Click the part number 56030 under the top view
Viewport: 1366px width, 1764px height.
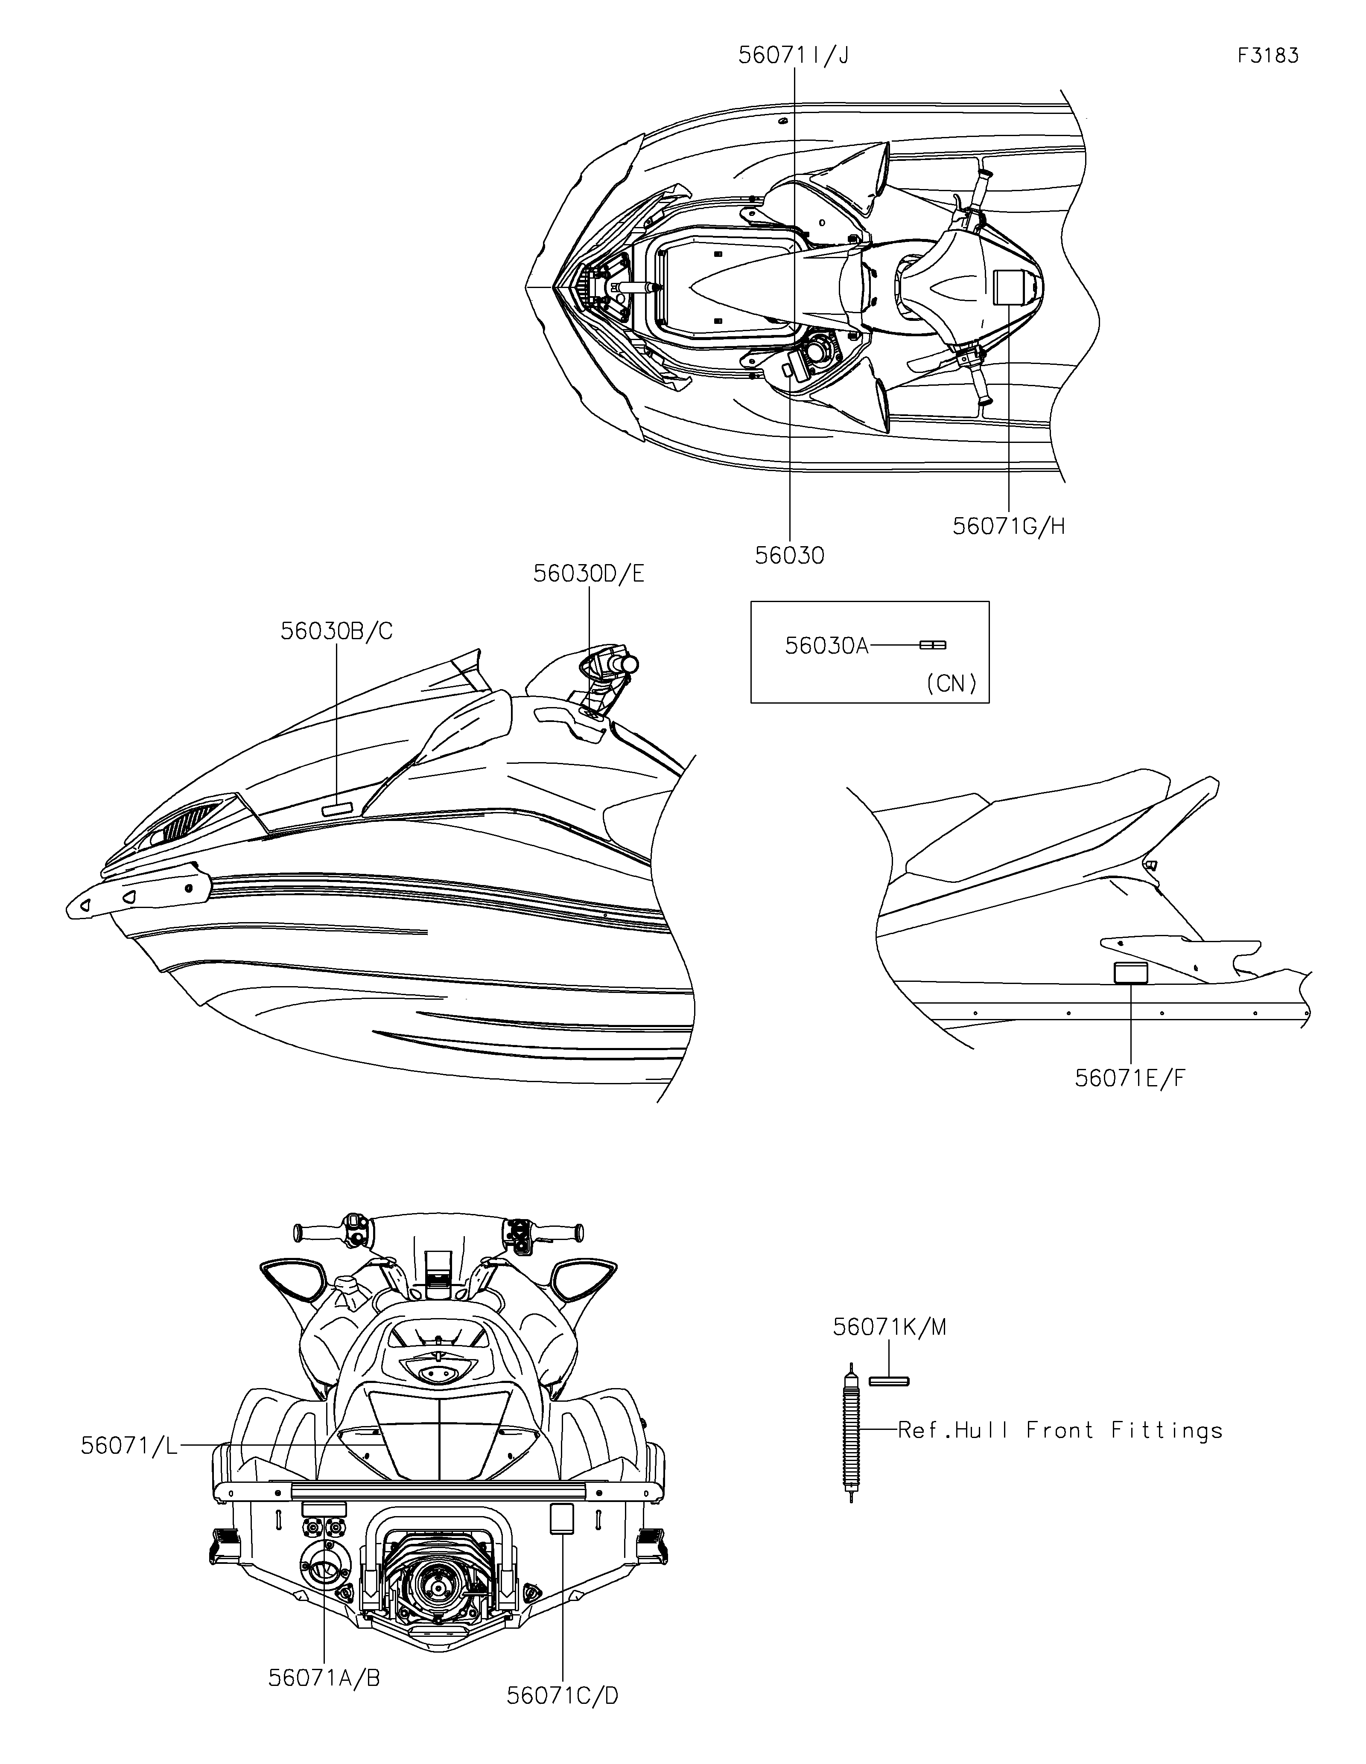coord(789,556)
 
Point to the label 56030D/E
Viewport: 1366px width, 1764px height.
coord(588,573)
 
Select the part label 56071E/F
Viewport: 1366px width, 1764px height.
coord(1130,1078)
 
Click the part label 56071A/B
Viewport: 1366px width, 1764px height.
coord(324,1672)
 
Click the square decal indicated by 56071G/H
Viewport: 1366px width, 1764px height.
coord(1008,287)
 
